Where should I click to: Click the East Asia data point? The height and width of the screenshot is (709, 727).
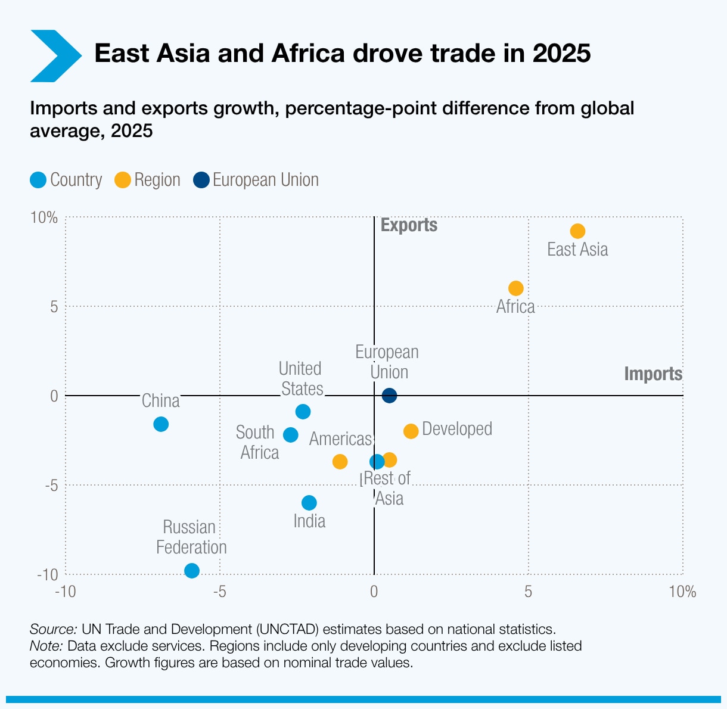(577, 231)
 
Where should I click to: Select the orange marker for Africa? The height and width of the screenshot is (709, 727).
(516, 288)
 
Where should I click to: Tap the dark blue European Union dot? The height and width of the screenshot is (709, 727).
(389, 395)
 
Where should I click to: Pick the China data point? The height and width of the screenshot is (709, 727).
(161, 424)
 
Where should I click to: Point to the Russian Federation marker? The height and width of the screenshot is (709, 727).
(192, 571)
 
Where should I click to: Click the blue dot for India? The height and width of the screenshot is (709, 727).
(309, 503)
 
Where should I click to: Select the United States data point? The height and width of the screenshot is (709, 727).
(303, 412)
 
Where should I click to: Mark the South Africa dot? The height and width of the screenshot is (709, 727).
(291, 435)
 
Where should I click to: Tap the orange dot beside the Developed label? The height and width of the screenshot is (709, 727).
(411, 431)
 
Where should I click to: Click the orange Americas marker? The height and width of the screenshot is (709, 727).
(340, 462)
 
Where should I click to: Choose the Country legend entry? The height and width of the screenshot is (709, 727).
(66, 180)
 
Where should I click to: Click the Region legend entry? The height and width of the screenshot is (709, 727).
(148, 180)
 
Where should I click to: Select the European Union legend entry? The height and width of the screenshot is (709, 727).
(256, 180)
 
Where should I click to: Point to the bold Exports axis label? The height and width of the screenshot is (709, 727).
(409, 225)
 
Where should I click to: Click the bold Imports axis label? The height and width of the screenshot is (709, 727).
(653, 374)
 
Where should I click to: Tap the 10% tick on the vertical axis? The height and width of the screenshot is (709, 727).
(45, 217)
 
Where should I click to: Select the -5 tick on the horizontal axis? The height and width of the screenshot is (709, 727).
(219, 592)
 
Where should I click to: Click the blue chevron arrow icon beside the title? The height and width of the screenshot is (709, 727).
(55, 55)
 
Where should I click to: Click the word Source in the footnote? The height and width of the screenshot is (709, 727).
(53, 629)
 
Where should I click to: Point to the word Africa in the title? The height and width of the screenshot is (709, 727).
(308, 54)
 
